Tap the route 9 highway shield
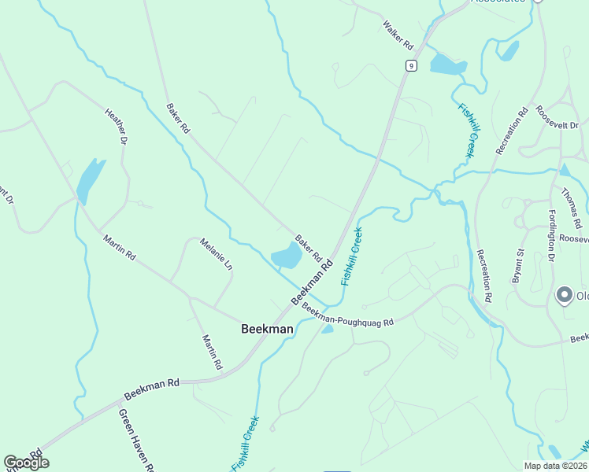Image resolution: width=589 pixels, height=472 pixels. coord(411,65)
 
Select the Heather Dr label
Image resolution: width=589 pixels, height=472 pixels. coord(116,126)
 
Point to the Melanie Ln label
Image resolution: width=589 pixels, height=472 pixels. coord(217,255)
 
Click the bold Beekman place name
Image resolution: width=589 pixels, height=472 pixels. coord(267,330)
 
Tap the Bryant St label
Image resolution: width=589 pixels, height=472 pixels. coord(517,265)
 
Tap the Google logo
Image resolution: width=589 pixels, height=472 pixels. coord(26,463)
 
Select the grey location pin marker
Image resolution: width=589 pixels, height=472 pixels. coord(564,295)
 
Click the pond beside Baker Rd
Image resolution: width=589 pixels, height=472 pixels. coord(287,255)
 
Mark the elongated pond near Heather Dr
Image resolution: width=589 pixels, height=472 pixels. coord(91,181)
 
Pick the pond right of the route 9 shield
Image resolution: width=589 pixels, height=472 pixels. coord(448,65)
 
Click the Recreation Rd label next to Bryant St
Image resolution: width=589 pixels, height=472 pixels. coord(483,276)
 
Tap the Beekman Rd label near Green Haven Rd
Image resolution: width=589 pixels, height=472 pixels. coord(152,388)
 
